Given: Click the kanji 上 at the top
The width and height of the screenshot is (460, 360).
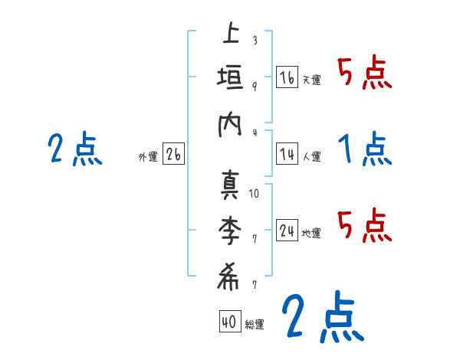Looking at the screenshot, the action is (230, 34).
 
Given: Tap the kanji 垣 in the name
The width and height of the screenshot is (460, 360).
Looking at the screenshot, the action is (230, 80).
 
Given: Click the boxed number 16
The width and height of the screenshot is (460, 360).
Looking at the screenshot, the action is (287, 77).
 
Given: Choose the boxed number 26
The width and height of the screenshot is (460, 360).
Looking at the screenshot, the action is (173, 155).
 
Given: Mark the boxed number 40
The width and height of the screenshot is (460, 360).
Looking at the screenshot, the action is (228, 322).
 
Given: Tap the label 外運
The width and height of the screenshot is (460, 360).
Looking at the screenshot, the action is (148, 157).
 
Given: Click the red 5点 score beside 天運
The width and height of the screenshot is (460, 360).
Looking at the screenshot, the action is (365, 74).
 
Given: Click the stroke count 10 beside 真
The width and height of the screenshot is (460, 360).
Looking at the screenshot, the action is (255, 193).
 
